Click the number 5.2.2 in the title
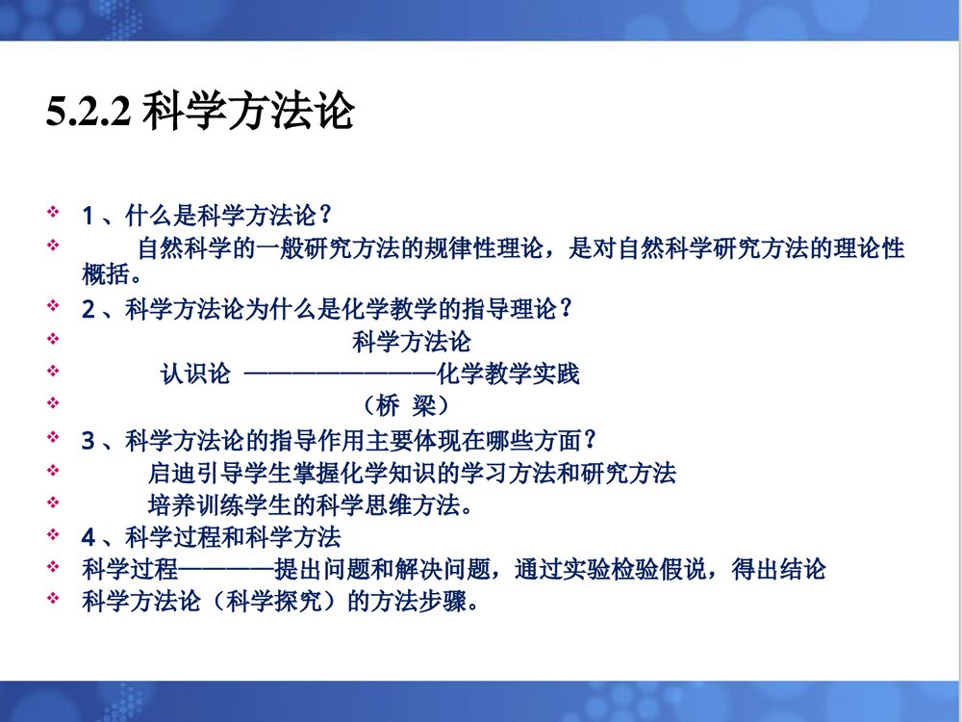click(x=88, y=115)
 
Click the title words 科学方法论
click(x=247, y=113)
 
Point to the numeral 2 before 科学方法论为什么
click(x=89, y=310)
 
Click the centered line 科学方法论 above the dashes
click(x=412, y=342)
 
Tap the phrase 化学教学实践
click(x=508, y=374)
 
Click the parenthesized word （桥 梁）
click(x=406, y=405)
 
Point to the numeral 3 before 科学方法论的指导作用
click(x=89, y=441)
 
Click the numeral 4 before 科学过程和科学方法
click(x=89, y=536)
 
